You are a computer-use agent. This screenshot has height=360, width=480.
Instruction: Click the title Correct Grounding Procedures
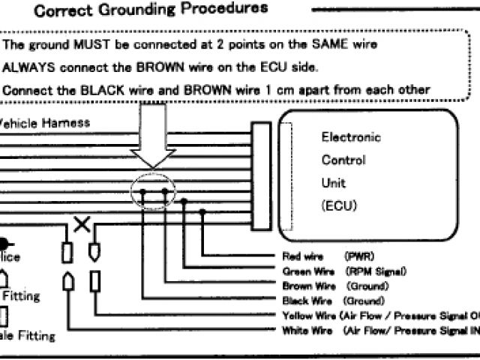click(151, 10)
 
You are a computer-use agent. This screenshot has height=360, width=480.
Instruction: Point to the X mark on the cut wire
click(82, 223)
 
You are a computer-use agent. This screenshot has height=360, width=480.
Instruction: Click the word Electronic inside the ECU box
click(351, 137)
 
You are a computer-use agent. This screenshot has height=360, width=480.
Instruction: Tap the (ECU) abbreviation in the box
click(340, 205)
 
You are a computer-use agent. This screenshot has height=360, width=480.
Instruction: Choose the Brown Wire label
click(308, 286)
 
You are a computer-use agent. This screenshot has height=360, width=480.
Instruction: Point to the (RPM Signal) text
click(375, 271)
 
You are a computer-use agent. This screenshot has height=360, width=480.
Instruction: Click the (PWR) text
click(359, 256)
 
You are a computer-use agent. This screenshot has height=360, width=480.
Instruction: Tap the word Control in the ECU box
click(343, 160)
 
